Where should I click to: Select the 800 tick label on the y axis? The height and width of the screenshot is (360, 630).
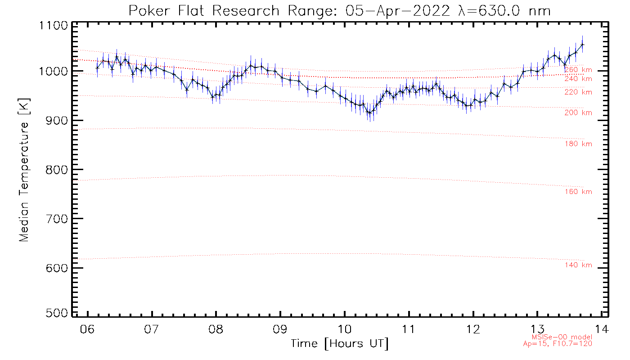point(56,170)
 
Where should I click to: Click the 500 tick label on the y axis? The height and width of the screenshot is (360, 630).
point(56,313)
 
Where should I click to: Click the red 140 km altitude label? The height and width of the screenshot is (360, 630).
point(578,265)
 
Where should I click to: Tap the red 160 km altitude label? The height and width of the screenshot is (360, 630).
point(578,192)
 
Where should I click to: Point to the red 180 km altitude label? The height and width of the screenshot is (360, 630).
point(578,144)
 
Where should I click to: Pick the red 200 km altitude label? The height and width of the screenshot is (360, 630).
point(578,113)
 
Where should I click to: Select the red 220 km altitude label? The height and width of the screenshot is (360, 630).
point(578,92)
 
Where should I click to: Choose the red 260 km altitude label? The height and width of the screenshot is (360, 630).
point(578,70)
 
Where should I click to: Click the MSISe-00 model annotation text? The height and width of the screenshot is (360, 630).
point(562,337)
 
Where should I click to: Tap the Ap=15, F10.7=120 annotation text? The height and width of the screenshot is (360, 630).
point(558,344)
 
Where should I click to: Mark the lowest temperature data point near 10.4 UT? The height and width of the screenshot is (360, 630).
point(369,112)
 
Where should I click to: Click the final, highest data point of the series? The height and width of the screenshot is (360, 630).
point(582,45)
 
